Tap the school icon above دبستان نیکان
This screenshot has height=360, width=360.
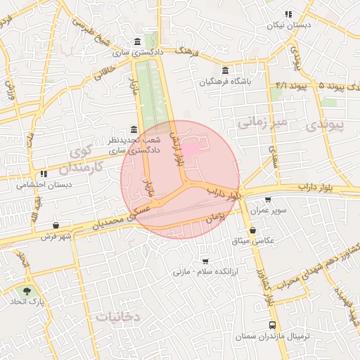(x=288, y=14)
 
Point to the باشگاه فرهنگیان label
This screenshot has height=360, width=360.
(x=224, y=82)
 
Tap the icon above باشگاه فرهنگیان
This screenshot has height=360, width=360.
(x=224, y=71)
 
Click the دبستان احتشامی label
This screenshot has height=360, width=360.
(x=41, y=185)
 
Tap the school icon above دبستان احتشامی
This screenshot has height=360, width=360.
(x=44, y=173)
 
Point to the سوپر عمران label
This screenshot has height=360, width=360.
(x=266, y=212)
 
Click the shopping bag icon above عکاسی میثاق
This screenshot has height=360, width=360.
(x=252, y=230)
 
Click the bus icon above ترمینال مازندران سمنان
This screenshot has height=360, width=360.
(x=272, y=325)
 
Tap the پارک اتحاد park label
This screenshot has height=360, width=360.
(x=27, y=301)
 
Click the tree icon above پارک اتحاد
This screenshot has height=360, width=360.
(x=27, y=290)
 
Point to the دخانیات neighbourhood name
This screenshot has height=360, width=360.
(x=118, y=317)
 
